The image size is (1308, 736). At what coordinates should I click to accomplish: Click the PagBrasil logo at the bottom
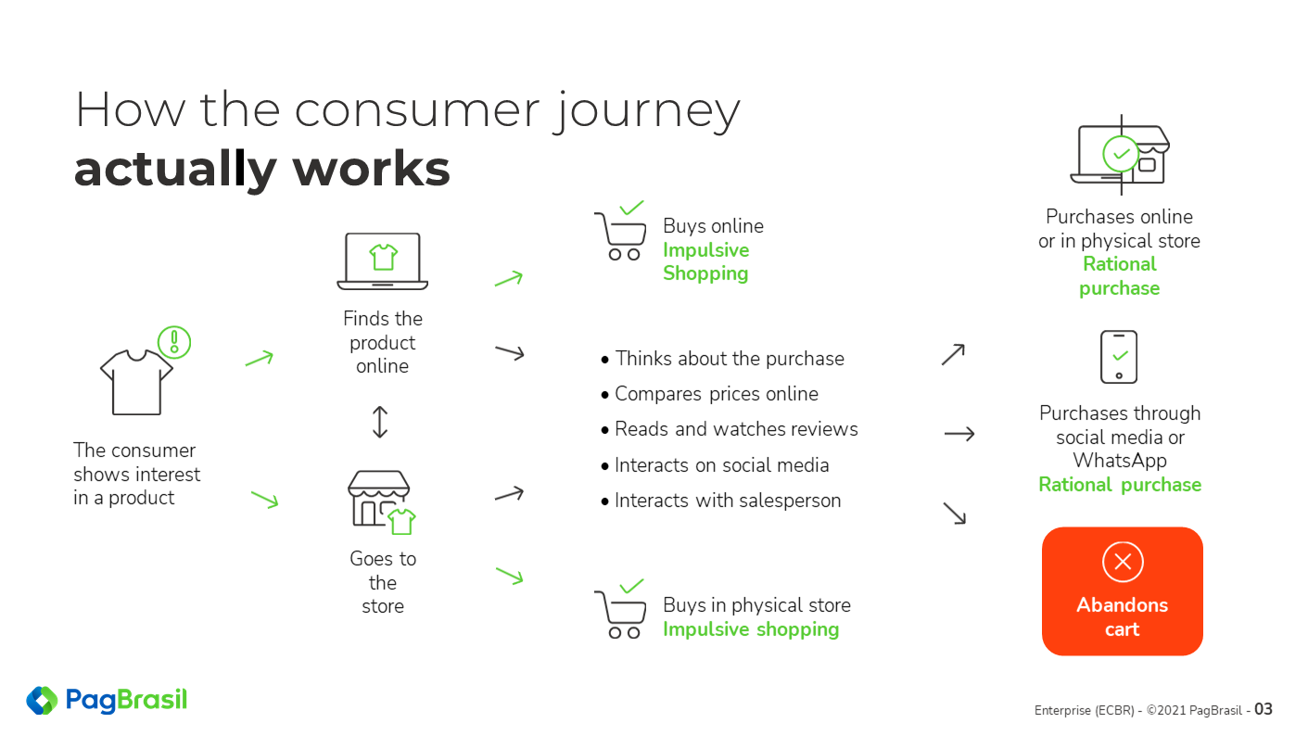pyautogui.click(x=107, y=700)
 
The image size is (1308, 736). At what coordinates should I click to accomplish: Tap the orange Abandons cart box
pyautogui.click(x=1122, y=591)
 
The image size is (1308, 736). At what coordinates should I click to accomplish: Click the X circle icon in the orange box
pyautogui.click(x=1123, y=562)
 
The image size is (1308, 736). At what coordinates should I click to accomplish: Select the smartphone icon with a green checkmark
pyautogui.click(x=1118, y=357)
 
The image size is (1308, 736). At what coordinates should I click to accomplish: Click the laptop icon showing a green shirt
pyautogui.click(x=383, y=261)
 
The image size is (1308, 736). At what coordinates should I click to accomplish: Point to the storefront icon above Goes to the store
pyautogui.click(x=381, y=501)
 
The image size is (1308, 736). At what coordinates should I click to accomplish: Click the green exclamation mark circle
pyautogui.click(x=174, y=342)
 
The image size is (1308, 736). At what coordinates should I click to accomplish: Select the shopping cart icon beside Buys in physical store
pyautogui.click(x=620, y=609)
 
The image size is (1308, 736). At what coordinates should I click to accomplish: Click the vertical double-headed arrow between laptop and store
pyautogui.click(x=380, y=422)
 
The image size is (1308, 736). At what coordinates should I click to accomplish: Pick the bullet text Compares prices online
pyautogui.click(x=709, y=394)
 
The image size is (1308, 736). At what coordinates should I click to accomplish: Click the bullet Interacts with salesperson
pyautogui.click(x=720, y=501)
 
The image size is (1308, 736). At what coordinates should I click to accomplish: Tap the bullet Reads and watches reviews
pyautogui.click(x=730, y=429)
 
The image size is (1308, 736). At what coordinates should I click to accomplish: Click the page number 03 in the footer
pyautogui.click(x=1263, y=709)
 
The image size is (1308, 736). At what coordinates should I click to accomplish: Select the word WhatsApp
pyautogui.click(x=1120, y=461)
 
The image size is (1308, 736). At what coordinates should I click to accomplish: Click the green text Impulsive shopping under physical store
pyautogui.click(x=751, y=629)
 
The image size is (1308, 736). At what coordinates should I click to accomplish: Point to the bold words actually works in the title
pyautogui.click(x=262, y=170)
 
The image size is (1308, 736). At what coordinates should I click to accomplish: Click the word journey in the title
pyautogui.click(x=646, y=111)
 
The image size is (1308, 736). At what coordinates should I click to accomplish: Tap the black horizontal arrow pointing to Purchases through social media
pyautogui.click(x=959, y=434)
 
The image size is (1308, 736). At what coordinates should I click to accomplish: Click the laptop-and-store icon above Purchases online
pyautogui.click(x=1120, y=155)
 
